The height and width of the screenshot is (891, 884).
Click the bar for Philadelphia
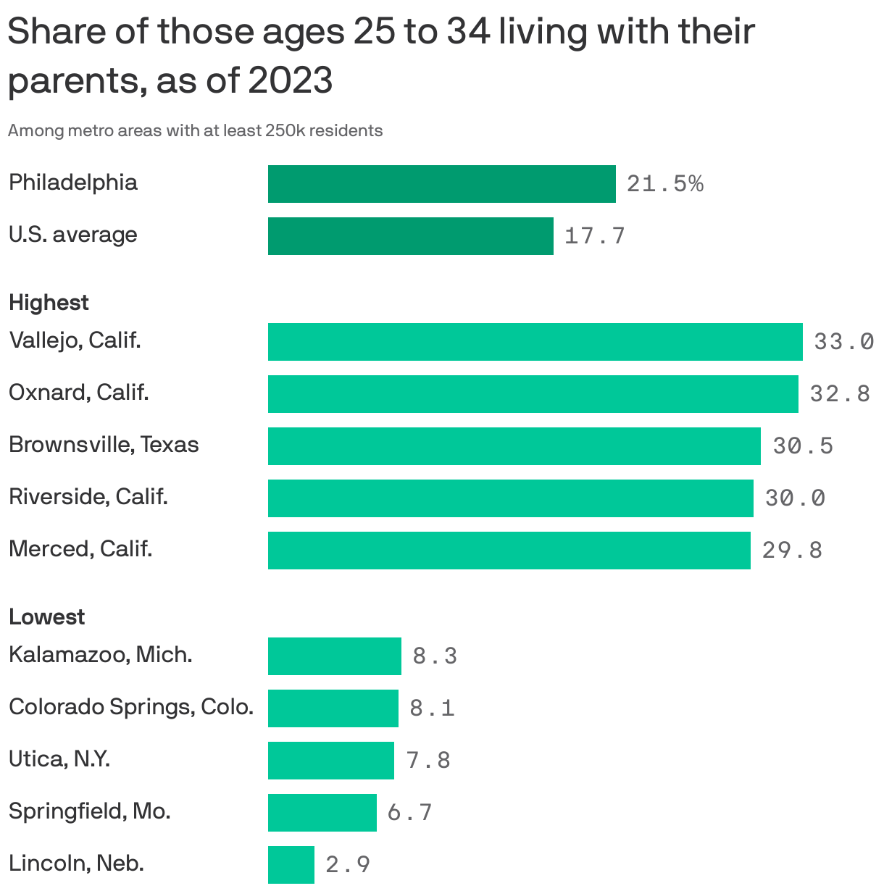pyautogui.click(x=441, y=184)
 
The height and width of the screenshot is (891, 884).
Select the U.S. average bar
pyautogui.click(x=410, y=236)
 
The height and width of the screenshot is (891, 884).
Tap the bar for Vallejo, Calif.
pyautogui.click(x=535, y=342)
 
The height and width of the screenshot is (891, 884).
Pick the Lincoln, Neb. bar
pyautogui.click(x=291, y=865)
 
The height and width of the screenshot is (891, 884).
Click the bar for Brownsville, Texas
pyautogui.click(x=514, y=446)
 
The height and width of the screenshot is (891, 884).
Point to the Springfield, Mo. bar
pyautogui.click(x=322, y=813)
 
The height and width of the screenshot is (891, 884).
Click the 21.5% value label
pyautogui.click(x=664, y=184)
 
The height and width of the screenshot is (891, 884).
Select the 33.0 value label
pyautogui.click(x=843, y=342)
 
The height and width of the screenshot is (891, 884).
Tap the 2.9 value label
pyautogui.click(x=348, y=865)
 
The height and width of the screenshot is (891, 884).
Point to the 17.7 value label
pyautogui.click(x=594, y=236)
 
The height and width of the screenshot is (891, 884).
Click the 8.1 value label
pyautogui.click(x=432, y=708)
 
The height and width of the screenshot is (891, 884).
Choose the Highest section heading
pyautogui.click(x=49, y=303)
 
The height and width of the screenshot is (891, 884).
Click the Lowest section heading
pyautogui.click(x=46, y=617)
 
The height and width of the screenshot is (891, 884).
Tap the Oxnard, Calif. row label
pyautogui.click(x=78, y=393)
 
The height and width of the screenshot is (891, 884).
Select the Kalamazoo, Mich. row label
pyautogui.click(x=100, y=655)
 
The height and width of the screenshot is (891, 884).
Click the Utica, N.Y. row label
pyautogui.click(x=59, y=759)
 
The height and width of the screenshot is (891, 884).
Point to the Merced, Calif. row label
pyautogui.click(x=80, y=549)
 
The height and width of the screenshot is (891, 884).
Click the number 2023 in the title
pyautogui.click(x=291, y=80)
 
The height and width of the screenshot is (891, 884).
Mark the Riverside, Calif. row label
pyautogui.click(x=88, y=497)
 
